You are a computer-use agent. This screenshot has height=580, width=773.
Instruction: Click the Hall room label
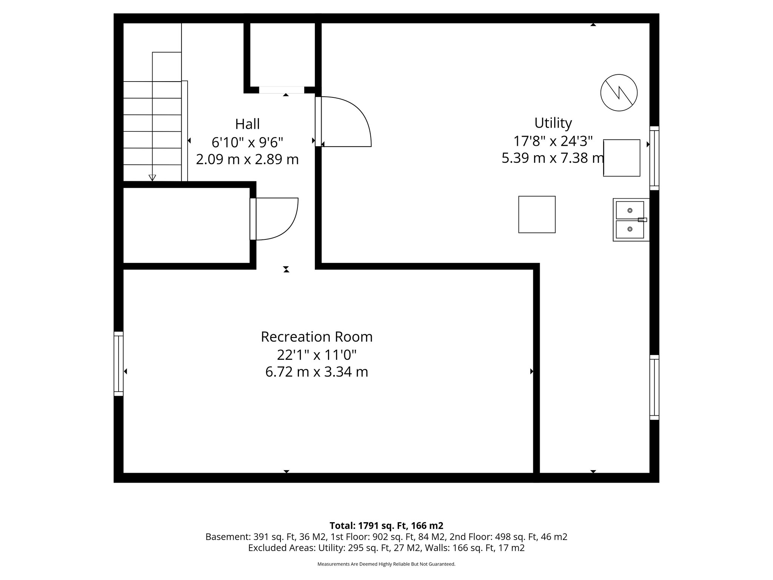(x=247, y=124)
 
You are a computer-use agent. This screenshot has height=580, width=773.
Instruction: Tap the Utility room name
(x=553, y=123)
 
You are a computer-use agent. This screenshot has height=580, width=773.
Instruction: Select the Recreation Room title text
(x=317, y=336)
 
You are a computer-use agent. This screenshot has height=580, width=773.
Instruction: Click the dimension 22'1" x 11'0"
(x=317, y=355)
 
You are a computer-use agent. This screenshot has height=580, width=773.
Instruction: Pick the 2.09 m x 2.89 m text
(x=247, y=159)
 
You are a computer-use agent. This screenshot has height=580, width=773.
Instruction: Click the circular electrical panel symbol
(x=619, y=93)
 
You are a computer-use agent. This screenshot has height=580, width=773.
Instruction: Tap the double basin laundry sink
(x=630, y=220)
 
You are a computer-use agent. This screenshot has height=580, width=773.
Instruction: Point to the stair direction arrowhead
(x=152, y=177)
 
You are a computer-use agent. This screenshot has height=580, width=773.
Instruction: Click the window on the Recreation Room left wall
(x=119, y=364)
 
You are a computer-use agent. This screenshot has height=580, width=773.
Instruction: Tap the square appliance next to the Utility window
(x=621, y=158)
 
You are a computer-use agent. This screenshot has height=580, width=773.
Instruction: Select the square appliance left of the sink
(x=537, y=214)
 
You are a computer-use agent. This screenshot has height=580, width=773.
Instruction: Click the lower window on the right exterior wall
(x=654, y=387)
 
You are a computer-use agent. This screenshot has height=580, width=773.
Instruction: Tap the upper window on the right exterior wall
(x=654, y=158)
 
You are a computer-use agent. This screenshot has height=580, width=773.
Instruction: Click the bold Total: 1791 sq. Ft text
(x=386, y=526)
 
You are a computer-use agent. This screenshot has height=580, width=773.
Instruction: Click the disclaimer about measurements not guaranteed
(x=386, y=564)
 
